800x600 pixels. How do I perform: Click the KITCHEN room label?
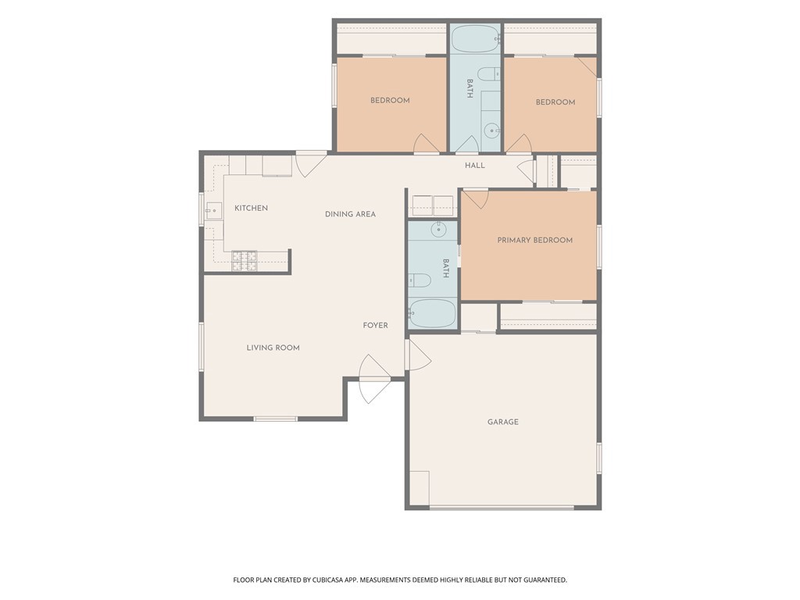(251, 208)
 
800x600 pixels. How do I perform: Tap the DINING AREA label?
(351, 214)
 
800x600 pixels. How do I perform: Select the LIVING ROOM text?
(273, 348)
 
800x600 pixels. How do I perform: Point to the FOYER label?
(376, 326)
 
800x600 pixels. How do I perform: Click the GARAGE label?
(503, 422)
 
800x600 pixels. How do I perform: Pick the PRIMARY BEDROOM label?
(534, 241)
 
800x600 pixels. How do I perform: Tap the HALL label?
(475, 166)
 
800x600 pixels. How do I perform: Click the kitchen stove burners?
(245, 261)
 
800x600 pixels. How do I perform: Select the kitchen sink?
(214, 211)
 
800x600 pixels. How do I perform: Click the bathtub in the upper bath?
(475, 39)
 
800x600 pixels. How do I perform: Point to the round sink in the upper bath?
(492, 131)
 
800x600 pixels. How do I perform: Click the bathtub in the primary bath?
(432, 313)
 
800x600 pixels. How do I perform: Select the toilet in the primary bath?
(420, 280)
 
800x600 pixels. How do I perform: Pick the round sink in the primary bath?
(439, 230)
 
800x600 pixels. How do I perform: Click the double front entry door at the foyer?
(374, 379)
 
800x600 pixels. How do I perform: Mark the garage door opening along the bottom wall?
(502, 508)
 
